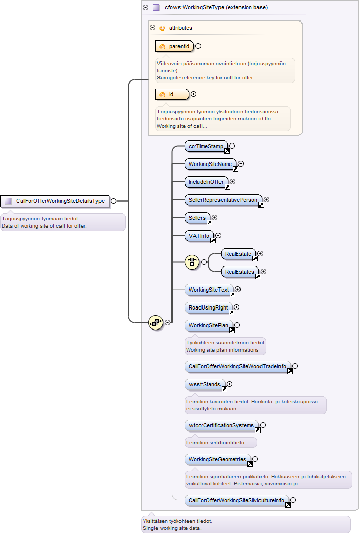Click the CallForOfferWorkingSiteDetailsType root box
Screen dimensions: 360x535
tap(55, 201)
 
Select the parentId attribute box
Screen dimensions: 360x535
tap(174, 46)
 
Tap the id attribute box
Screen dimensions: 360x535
tap(172, 94)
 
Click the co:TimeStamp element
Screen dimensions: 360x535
tap(206, 146)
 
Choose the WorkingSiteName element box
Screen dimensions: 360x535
tap(210, 164)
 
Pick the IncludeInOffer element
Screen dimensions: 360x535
tap(206, 182)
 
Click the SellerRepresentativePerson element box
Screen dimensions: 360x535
tap(223, 200)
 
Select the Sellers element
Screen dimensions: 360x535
tap(197, 218)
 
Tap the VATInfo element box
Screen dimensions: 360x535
tap(199, 236)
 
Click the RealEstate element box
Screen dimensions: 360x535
tap(238, 254)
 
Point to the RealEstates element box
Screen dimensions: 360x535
tap(240, 272)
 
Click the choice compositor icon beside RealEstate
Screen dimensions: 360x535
tap(192, 262)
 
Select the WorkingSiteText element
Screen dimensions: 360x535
tap(209, 290)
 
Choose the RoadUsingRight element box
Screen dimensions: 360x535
tap(208, 307)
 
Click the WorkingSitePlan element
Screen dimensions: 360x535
tap(209, 325)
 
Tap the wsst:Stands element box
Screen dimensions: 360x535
tap(205, 384)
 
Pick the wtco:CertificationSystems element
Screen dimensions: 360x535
tap(222, 425)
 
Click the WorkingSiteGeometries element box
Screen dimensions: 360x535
tap(217, 459)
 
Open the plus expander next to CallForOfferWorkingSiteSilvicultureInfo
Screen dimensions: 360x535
tap(293, 500)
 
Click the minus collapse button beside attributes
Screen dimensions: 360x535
tap(153, 28)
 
